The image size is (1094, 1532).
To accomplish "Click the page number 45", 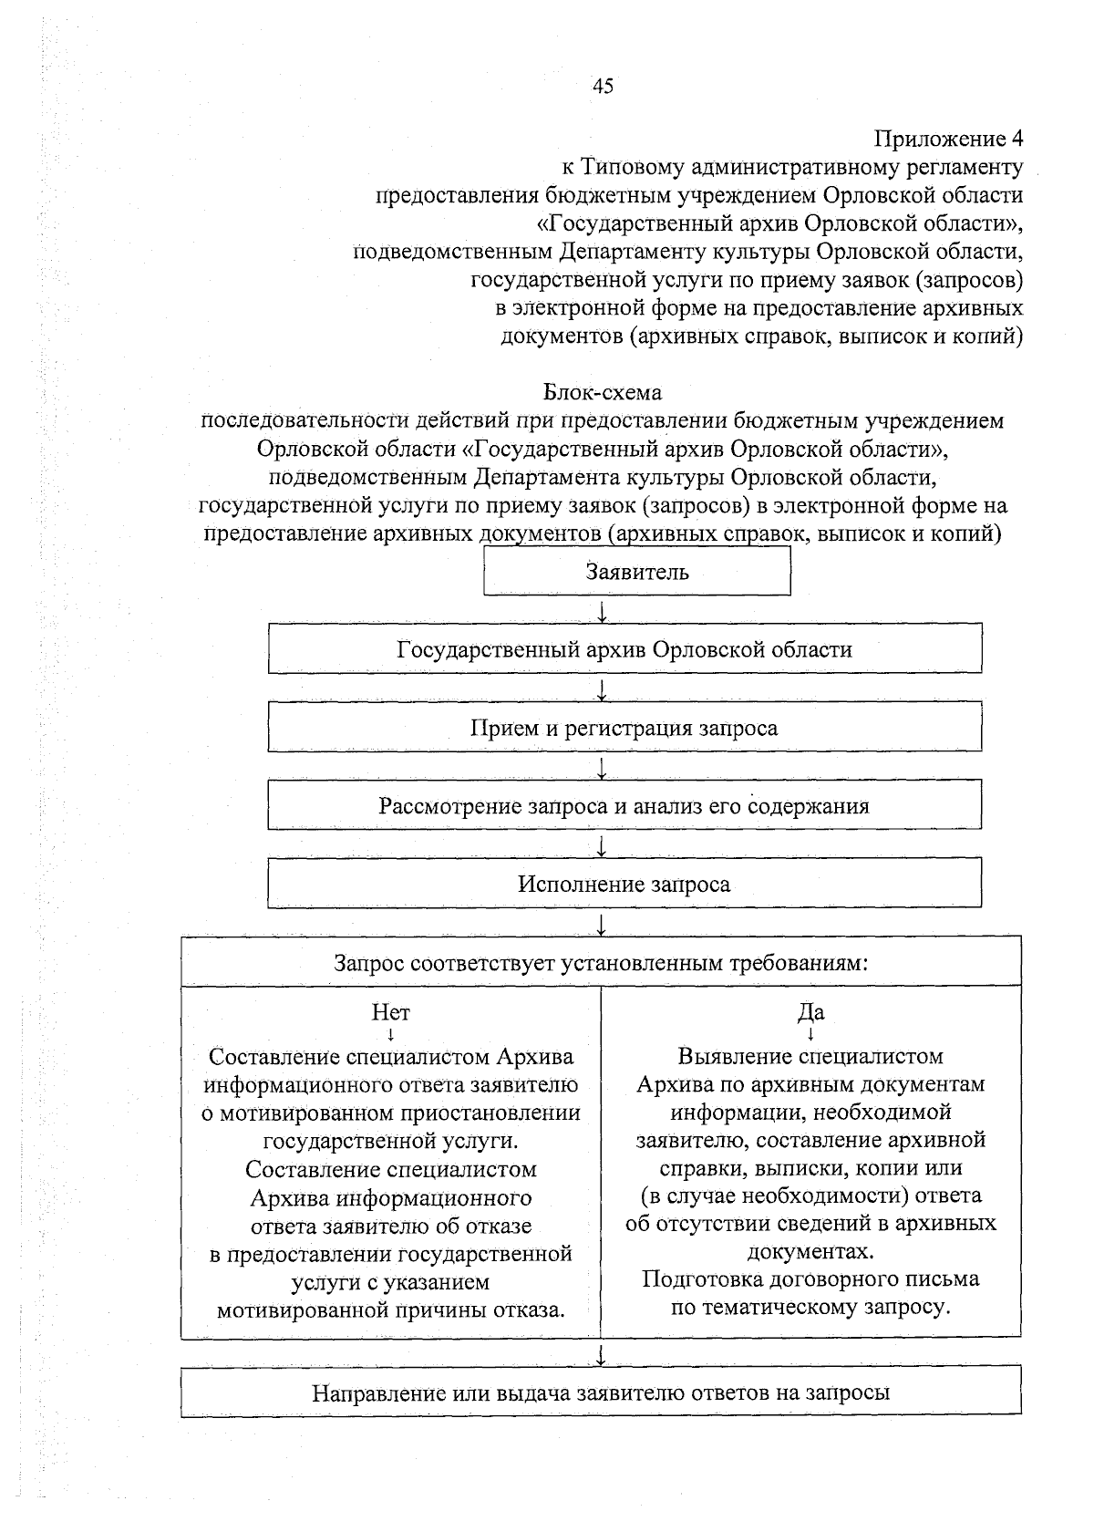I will coord(603,87).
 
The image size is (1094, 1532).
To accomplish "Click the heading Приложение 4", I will coord(948,140).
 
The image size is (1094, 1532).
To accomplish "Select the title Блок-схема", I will coord(602,392).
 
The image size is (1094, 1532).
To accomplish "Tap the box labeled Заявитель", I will coord(636,573).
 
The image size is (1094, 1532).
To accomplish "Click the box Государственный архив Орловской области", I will coord(624,649).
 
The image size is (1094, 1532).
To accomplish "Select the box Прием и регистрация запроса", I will coord(624,728).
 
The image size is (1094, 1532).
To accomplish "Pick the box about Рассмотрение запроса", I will coord(624,806).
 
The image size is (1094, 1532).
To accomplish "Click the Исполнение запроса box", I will coord(624,884).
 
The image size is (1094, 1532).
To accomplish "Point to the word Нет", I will coord(390,1012).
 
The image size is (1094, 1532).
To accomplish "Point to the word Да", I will coord(810,1012).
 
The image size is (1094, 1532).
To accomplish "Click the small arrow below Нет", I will coord(390,1035).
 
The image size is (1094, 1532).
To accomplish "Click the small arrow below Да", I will coord(810,1035).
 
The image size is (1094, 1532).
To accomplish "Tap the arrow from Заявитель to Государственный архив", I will coord(602,609).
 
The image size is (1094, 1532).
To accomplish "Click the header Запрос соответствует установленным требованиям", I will coord(601,962).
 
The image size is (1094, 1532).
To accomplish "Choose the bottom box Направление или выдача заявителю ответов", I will coord(601,1392).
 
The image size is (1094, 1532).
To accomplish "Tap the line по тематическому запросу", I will coord(810,1307).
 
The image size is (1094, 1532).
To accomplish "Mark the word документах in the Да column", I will coord(810,1250).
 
